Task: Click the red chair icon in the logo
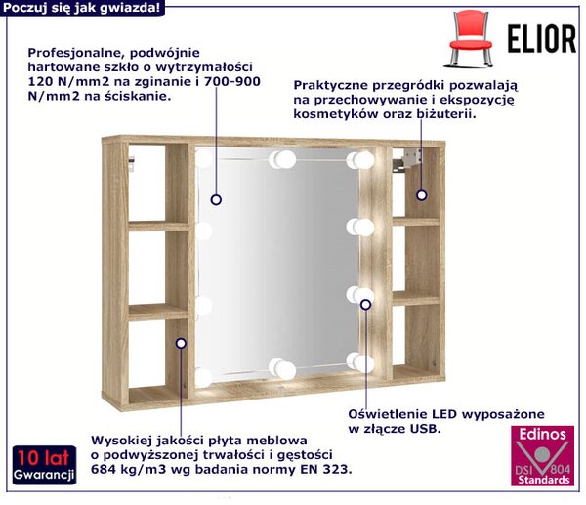pos(471,39)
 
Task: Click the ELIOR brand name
pos(542,39)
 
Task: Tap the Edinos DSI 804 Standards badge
pos(542,455)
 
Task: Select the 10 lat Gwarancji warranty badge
pos(44,465)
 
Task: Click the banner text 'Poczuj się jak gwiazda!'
pos(82,8)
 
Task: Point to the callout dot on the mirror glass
pos(216,199)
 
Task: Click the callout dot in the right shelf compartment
pos(422,195)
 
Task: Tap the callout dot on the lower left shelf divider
pos(181,343)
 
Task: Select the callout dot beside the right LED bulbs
pos(366,305)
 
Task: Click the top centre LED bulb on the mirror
pos(282,159)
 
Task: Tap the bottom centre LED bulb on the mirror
pos(282,369)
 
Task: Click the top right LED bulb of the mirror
pos(360,160)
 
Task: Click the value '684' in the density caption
pos(104,469)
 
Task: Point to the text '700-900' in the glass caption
pos(232,81)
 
